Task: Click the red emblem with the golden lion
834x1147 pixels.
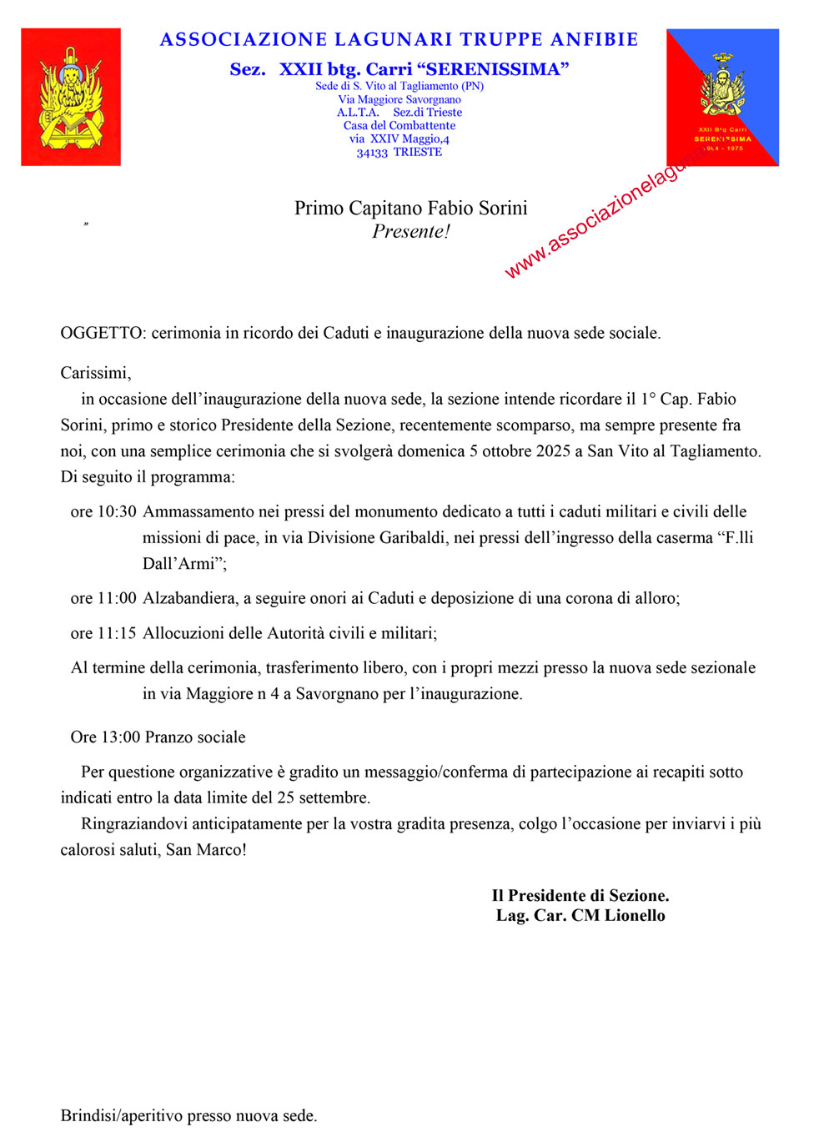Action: pos(71,97)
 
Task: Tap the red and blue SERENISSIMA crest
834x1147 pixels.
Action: pos(722,97)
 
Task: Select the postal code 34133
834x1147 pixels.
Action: pos(372,153)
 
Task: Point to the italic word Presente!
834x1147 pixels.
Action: pos(411,232)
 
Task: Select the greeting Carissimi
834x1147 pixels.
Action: pos(94,373)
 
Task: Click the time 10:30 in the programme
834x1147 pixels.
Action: pos(117,511)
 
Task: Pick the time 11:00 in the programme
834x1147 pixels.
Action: pos(117,598)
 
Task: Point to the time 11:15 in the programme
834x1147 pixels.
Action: pos(117,633)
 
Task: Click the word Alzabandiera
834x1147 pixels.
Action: pos(188,598)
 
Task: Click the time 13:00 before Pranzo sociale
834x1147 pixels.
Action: pos(121,737)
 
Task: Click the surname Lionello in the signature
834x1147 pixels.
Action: pos(635,915)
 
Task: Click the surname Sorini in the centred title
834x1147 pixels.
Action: pos(497,208)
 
